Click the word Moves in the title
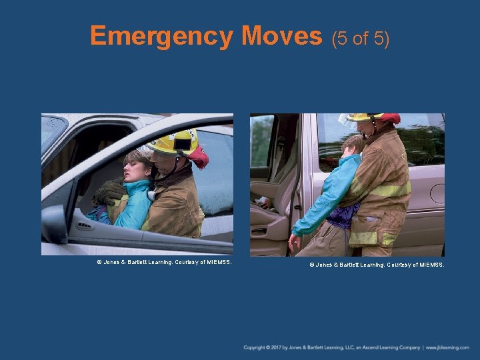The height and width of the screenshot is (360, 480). [282, 35]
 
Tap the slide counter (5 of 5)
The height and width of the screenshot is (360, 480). [361, 39]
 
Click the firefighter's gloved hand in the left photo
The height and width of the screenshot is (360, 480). [109, 192]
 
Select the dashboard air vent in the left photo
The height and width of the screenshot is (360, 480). [85, 226]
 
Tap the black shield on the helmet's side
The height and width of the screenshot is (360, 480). [183, 144]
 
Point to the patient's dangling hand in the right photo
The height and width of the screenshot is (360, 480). [294, 243]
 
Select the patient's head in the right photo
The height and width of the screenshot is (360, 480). [353, 146]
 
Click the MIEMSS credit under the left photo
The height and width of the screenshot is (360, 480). [164, 263]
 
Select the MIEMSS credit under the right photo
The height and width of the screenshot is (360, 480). [377, 265]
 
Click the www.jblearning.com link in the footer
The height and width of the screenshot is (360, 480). [447, 348]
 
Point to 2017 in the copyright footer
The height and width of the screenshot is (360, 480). [276, 348]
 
